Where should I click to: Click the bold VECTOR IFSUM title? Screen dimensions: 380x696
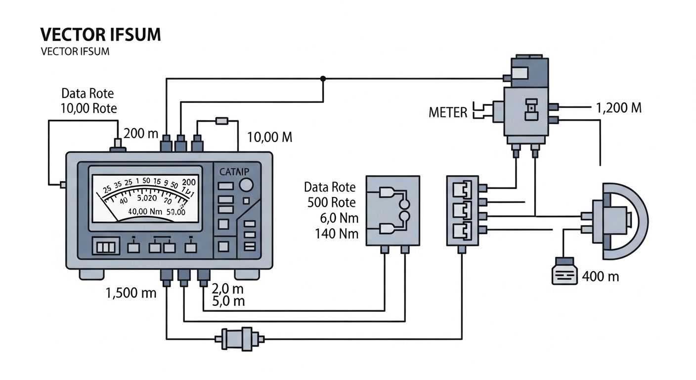[100, 35]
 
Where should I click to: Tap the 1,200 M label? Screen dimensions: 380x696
[619, 107]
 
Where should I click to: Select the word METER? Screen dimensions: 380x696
[448, 112]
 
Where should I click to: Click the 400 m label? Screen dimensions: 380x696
[601, 276]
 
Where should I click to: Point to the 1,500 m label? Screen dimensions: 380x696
[131, 292]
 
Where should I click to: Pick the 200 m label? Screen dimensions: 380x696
[141, 133]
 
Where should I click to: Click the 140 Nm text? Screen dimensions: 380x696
[337, 234]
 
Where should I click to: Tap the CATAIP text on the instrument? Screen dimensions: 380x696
[234, 172]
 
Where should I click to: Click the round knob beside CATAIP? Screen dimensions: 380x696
[246, 185]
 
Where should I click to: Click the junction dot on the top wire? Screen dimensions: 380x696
[323, 78]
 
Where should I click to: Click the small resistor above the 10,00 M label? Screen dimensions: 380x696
[222, 120]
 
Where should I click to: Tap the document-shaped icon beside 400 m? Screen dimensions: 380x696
[564, 271]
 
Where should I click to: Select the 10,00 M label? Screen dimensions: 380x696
[269, 137]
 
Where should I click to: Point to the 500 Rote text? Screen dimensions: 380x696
[331, 202]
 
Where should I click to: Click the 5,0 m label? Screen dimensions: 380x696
[228, 301]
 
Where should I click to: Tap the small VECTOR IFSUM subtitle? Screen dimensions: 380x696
[75, 52]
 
